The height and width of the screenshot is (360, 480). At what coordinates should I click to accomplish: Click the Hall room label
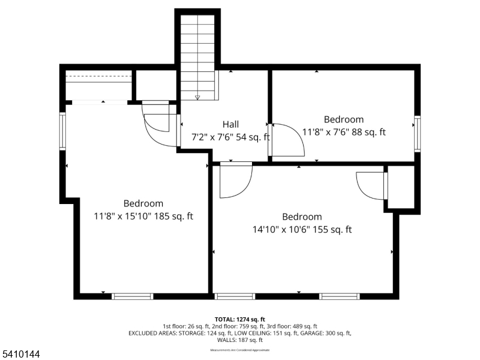tap(231, 124)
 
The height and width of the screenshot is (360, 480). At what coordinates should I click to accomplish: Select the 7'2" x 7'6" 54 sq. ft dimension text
tap(230, 137)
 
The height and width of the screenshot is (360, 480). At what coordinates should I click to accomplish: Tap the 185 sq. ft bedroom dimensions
tap(143, 216)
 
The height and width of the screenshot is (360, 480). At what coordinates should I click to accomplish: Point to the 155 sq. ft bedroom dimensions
tap(302, 229)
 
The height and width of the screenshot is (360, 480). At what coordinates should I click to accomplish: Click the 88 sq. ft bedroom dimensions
tap(344, 132)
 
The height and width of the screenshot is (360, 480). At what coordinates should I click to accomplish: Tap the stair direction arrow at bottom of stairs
tap(197, 97)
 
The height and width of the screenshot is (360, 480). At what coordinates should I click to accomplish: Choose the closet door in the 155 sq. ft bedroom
tap(371, 186)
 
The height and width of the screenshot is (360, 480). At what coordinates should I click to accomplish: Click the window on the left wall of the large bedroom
tap(62, 131)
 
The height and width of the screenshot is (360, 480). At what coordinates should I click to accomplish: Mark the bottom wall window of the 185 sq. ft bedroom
tap(133, 296)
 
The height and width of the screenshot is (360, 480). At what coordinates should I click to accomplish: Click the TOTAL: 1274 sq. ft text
tap(240, 319)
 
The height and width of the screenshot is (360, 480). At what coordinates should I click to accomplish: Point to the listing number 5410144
tap(20, 355)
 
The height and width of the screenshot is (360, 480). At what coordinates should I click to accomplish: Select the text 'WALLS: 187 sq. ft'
tap(240, 340)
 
